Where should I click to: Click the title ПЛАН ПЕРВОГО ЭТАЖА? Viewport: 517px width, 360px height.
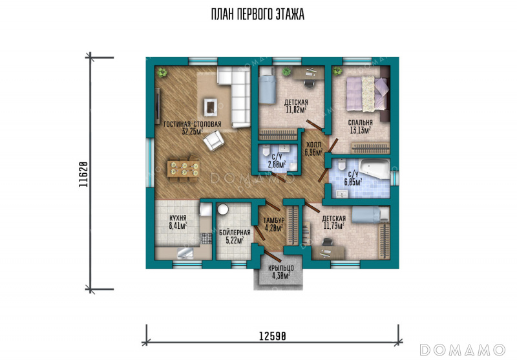[x=257, y=15]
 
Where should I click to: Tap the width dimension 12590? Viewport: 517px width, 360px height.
[x=272, y=336]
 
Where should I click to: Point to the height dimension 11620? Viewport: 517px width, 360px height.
[x=83, y=175]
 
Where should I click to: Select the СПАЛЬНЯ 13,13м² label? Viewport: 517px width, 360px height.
[x=361, y=126]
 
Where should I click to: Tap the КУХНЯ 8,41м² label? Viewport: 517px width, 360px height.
[x=178, y=222]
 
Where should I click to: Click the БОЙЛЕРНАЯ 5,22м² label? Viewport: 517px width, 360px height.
[x=235, y=237]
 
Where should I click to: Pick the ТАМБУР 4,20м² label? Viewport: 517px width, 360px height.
[x=274, y=224]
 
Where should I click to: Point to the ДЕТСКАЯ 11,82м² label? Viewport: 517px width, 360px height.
[x=296, y=106]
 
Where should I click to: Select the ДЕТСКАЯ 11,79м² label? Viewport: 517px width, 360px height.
[x=334, y=222]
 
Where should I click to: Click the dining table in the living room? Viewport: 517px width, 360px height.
[x=183, y=169]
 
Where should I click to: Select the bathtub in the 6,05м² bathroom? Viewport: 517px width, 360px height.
[x=375, y=169]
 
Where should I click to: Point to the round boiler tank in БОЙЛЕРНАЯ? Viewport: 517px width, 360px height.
[x=223, y=209]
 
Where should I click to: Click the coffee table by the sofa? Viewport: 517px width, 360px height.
[x=210, y=107]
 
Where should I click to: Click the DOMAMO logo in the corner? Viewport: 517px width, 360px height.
[x=463, y=350]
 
